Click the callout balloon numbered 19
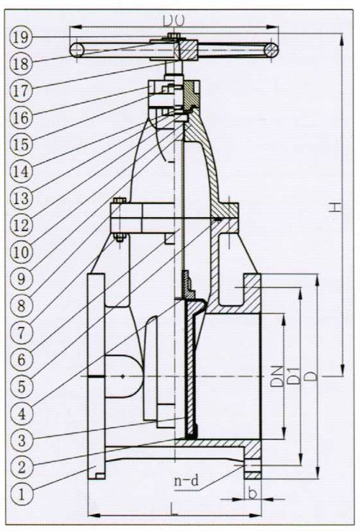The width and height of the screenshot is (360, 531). (x=21, y=37)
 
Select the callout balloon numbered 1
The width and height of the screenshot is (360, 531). (x=22, y=495)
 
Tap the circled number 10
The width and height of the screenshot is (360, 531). (x=21, y=252)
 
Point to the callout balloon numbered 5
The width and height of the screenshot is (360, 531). (x=22, y=387)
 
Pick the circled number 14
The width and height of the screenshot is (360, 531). (x=21, y=171)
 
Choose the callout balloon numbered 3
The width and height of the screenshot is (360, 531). (x=22, y=441)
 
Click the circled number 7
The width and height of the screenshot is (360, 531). (x=22, y=334)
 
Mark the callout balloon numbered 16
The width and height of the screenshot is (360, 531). (x=21, y=117)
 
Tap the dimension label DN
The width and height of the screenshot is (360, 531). (x=276, y=376)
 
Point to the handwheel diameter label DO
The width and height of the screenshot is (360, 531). (x=174, y=21)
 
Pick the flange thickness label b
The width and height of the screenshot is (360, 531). (x=252, y=493)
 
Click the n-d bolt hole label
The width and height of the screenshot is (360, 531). (x=186, y=481)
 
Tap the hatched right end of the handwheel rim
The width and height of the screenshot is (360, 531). (x=271, y=50)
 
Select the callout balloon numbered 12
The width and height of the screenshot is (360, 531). (x=21, y=226)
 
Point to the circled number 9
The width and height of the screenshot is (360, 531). (x=22, y=280)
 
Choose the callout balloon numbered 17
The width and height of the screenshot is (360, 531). (x=21, y=91)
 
